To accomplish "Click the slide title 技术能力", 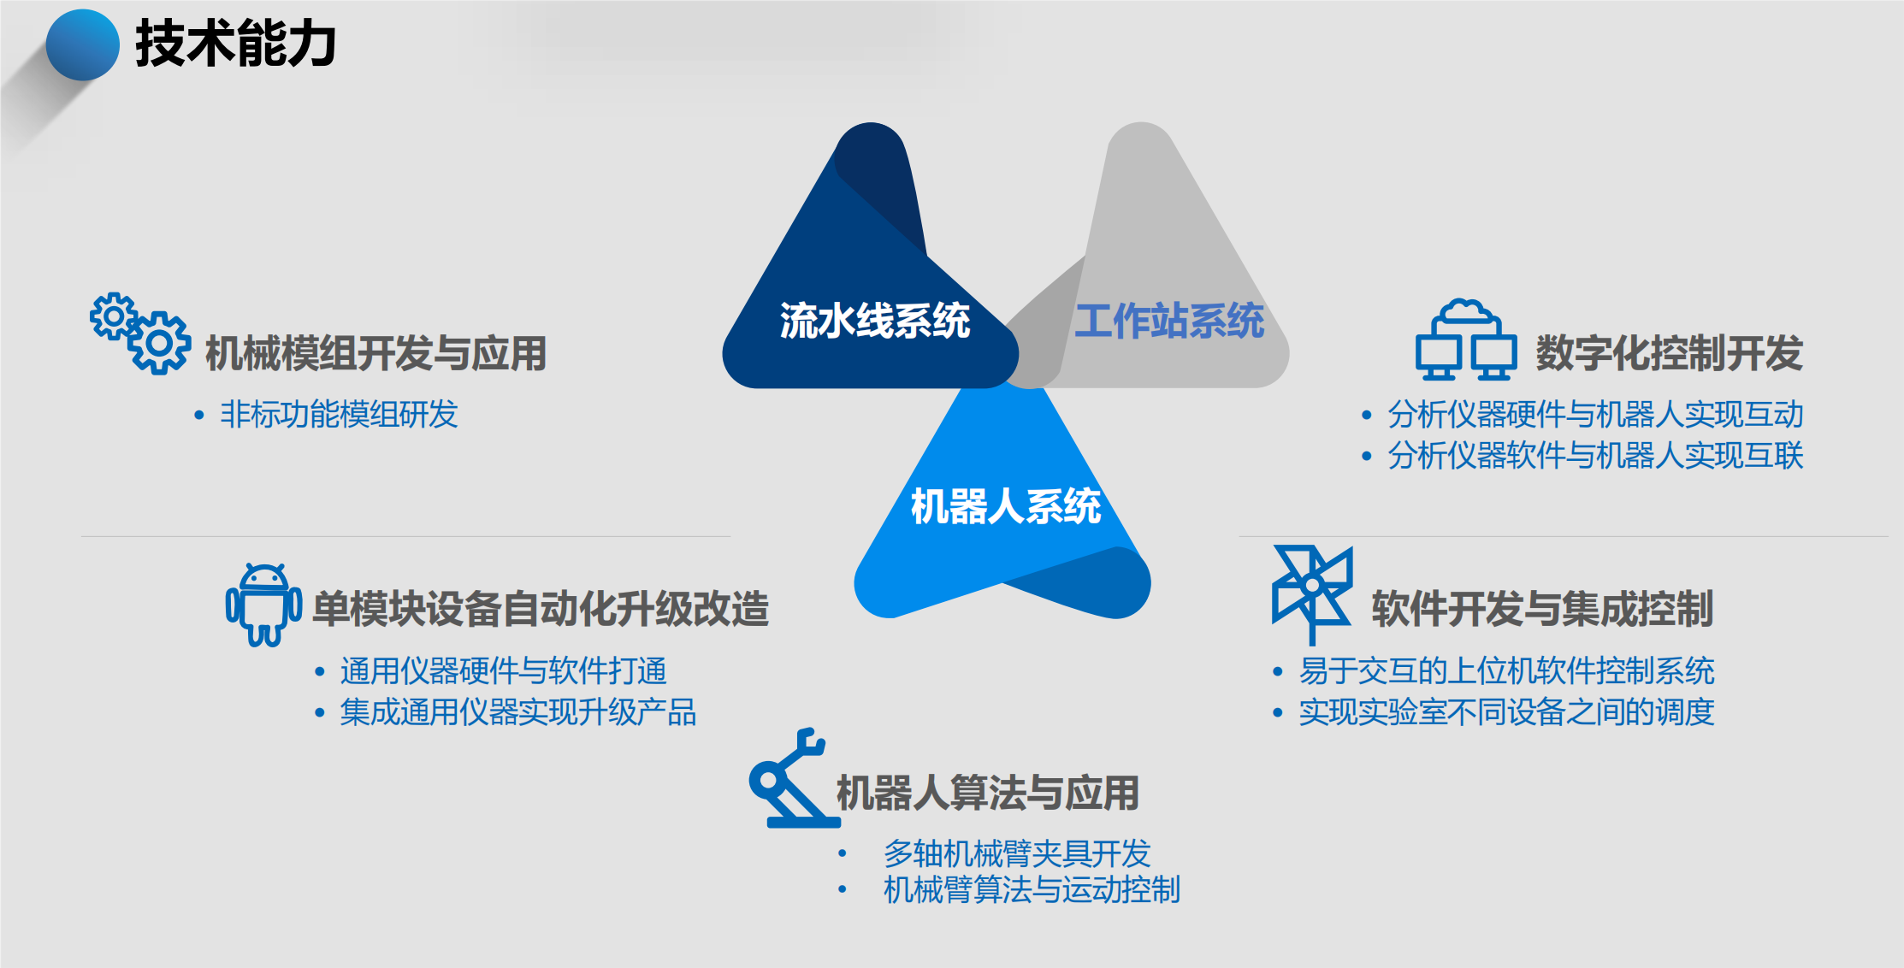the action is coord(235,44).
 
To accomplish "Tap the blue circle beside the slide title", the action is coord(82,45).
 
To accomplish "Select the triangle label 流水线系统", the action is coord(874,322).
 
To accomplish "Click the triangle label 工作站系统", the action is coord(1169,322).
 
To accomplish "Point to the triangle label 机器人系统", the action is coord(1006,506).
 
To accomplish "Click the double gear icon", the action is coord(140,333).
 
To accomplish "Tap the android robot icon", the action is coord(263,605).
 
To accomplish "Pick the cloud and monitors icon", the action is coord(1466,339).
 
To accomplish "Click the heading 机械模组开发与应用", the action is coord(375,353).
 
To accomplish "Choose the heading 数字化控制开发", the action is coord(1669,353).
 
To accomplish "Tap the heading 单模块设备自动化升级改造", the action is coord(541,609).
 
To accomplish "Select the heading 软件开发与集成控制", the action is coord(1542,609).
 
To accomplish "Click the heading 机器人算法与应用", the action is coord(987,793).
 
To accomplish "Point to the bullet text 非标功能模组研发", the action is coord(339,415).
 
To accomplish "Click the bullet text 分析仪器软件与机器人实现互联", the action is coord(1595,456).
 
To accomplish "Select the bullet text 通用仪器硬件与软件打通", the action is coord(503,671).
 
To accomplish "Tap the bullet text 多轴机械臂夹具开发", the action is coord(1017,853).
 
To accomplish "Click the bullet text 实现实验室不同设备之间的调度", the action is coord(1506,712).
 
